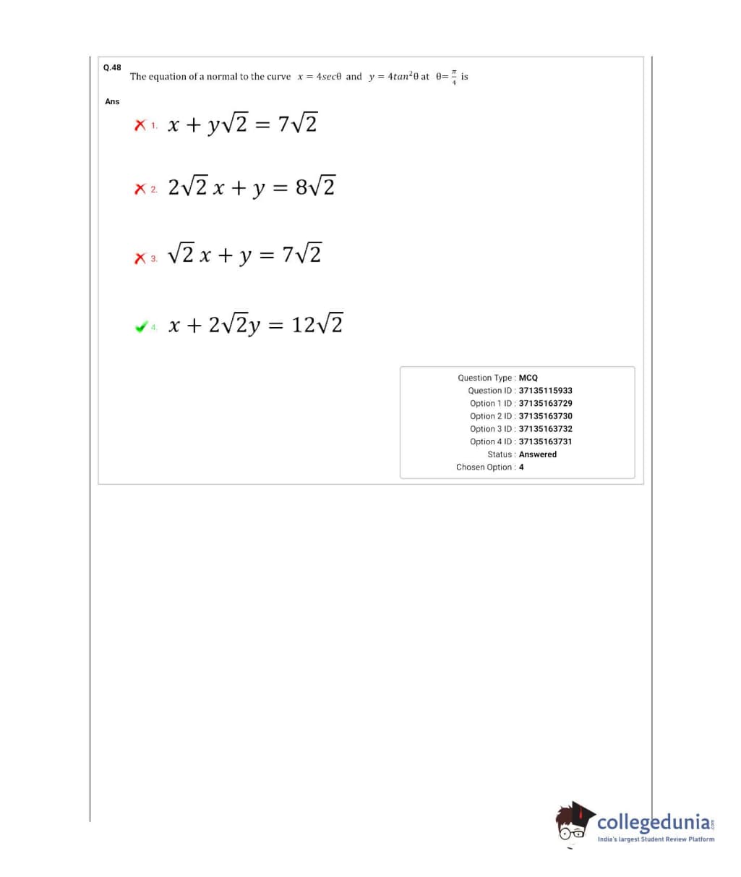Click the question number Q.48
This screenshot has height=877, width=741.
(112, 67)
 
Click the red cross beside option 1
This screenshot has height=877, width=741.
(140, 126)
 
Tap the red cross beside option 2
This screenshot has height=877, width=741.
(140, 190)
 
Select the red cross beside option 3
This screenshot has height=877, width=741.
(140, 258)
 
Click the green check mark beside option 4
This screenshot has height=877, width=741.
(141, 327)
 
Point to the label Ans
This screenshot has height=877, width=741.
(112, 101)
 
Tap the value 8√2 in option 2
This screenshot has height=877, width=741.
(315, 187)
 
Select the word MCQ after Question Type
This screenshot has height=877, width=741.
(528, 378)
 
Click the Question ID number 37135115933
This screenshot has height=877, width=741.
(546, 391)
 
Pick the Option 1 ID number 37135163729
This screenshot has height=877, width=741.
(546, 403)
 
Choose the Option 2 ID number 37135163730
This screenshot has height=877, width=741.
(546, 416)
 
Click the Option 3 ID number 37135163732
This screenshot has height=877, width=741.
(546, 429)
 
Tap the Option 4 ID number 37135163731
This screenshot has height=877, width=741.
(546, 441)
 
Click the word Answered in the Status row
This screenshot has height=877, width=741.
(538, 454)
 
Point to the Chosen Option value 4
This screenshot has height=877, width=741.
(521, 467)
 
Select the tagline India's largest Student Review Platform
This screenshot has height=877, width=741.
(656, 839)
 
